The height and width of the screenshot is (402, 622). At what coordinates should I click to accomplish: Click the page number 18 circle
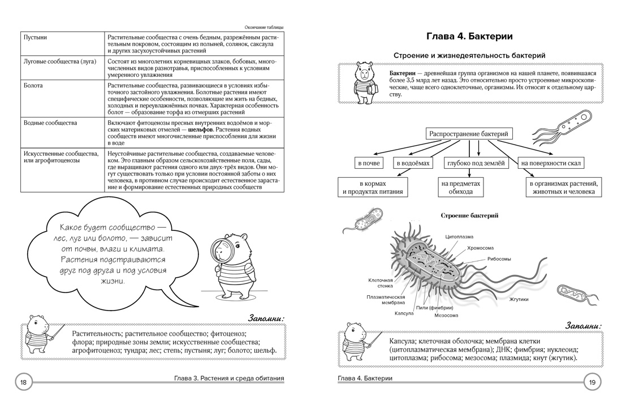23,382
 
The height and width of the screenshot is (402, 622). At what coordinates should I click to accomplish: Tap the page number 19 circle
592,382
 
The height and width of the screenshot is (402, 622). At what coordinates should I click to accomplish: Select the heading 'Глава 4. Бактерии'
469,36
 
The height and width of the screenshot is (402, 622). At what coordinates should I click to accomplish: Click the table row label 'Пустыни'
35,37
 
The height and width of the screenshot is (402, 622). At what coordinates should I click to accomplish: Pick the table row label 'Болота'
33,86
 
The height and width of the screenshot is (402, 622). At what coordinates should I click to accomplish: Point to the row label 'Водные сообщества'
50,123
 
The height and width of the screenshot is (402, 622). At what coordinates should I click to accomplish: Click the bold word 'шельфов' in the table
200,129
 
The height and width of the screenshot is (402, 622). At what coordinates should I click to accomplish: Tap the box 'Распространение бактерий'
469,134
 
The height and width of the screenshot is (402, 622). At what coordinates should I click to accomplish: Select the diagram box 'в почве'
369,163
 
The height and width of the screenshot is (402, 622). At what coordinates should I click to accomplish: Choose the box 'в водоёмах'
413,163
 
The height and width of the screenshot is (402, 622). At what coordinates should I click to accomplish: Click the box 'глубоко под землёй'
476,163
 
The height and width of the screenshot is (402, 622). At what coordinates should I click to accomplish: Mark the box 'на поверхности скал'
551,163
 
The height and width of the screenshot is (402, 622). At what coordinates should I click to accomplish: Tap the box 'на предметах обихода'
460,187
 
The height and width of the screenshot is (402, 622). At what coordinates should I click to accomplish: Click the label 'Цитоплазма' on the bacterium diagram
459,237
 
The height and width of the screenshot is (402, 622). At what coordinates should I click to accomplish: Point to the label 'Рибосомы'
499,259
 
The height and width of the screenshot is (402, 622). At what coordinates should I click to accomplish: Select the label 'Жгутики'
519,299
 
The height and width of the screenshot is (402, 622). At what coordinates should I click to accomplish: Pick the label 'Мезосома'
446,316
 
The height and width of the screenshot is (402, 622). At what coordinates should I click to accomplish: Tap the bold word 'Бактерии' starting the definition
402,73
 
